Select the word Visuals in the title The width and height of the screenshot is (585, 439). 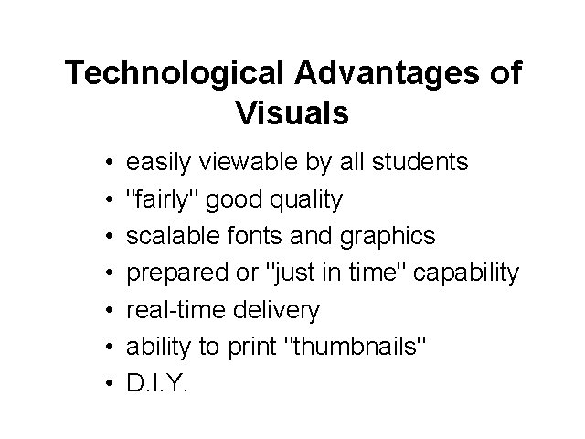click(292, 113)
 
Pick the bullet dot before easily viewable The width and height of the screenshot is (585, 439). click(109, 164)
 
